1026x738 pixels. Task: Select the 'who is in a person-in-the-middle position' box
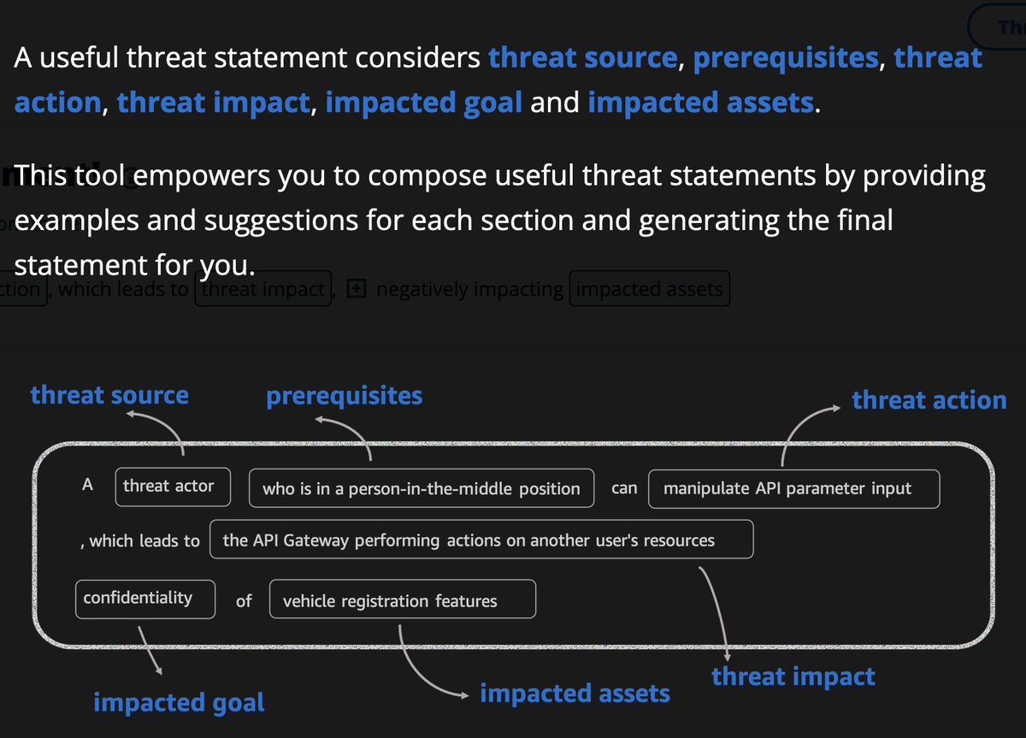pos(421,488)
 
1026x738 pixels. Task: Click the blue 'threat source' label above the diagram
pos(109,395)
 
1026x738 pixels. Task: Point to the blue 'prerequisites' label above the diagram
pos(344,396)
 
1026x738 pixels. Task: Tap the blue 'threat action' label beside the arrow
pos(929,400)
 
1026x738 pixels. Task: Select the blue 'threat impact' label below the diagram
pos(793,676)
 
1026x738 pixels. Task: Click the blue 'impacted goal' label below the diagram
pos(179,702)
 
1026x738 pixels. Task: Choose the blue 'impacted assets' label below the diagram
pos(575,694)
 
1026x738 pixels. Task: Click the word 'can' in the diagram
pos(624,488)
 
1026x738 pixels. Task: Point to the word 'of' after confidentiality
pos(244,601)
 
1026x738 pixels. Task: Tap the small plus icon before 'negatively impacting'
pos(357,290)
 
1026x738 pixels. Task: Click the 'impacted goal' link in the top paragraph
pos(423,103)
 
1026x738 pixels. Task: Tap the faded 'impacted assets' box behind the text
pos(649,290)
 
